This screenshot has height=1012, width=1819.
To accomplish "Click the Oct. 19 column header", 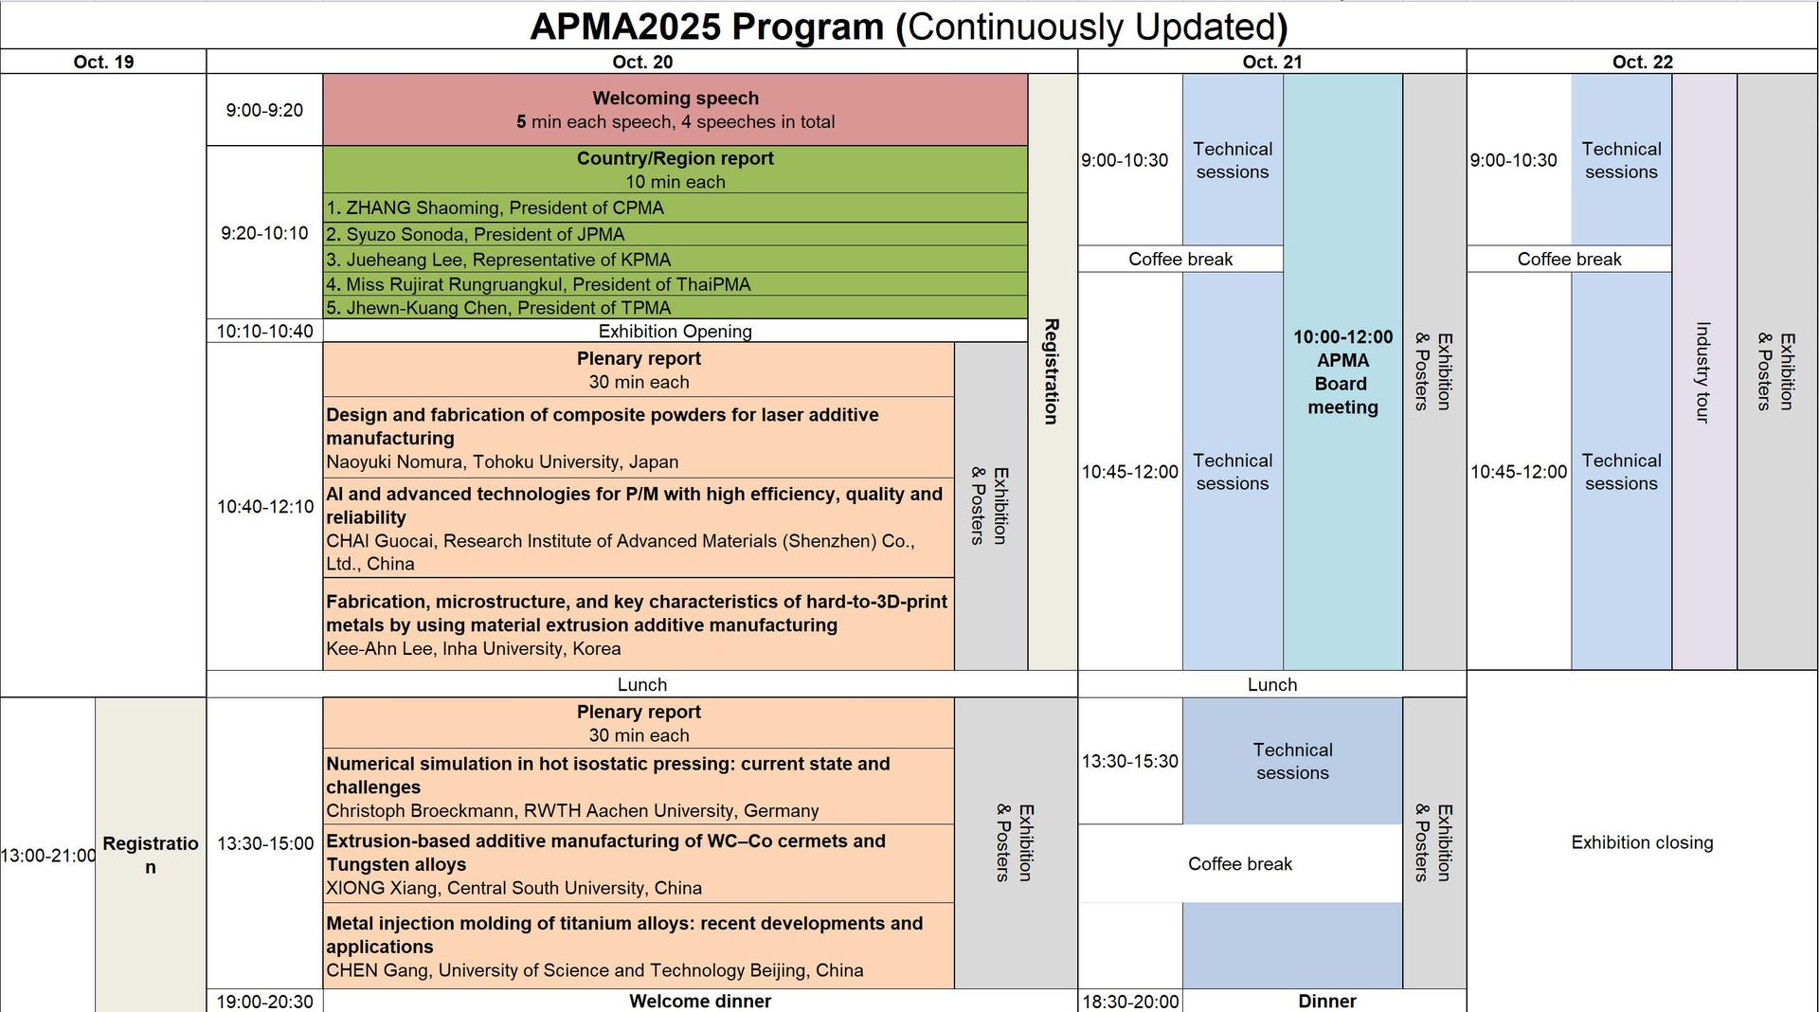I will [x=103, y=62].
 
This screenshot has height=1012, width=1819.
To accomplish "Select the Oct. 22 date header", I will [x=1642, y=62].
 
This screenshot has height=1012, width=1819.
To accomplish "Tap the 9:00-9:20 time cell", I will [x=264, y=110].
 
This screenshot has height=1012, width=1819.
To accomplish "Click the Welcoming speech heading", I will [x=675, y=99].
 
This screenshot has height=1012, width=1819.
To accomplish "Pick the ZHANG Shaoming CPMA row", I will [x=495, y=208].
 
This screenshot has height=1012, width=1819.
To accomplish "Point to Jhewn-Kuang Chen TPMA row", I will [x=498, y=308].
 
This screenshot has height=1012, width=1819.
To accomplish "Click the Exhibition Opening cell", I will [x=675, y=331].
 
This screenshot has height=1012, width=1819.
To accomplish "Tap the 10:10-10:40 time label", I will [x=264, y=331].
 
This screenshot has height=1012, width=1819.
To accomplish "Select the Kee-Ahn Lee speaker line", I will [x=474, y=649].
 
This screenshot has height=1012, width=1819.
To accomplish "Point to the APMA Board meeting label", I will [x=1342, y=372].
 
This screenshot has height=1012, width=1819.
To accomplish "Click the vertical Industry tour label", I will [x=1702, y=372].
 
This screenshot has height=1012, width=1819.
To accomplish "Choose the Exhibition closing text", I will [x=1642, y=842].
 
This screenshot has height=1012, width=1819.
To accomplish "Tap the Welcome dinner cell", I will [x=699, y=1001].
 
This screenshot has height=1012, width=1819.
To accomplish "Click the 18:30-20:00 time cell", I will [x=1130, y=1002].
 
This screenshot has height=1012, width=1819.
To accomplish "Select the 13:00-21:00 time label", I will [x=47, y=856].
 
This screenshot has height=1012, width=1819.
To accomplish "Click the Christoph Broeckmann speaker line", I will [x=572, y=811].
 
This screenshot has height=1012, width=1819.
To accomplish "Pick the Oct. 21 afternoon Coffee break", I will [x=1239, y=863].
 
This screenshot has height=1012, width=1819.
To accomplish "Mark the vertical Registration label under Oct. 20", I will [x=1051, y=371].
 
